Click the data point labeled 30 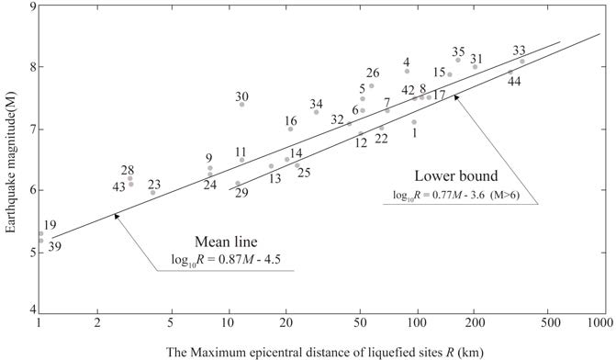click(241, 105)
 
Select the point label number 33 click(520, 51)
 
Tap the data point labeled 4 click(407, 72)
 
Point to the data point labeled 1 click(414, 122)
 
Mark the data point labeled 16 click(290, 129)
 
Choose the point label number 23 click(154, 185)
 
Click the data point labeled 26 click(371, 86)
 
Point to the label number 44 click(515, 82)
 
